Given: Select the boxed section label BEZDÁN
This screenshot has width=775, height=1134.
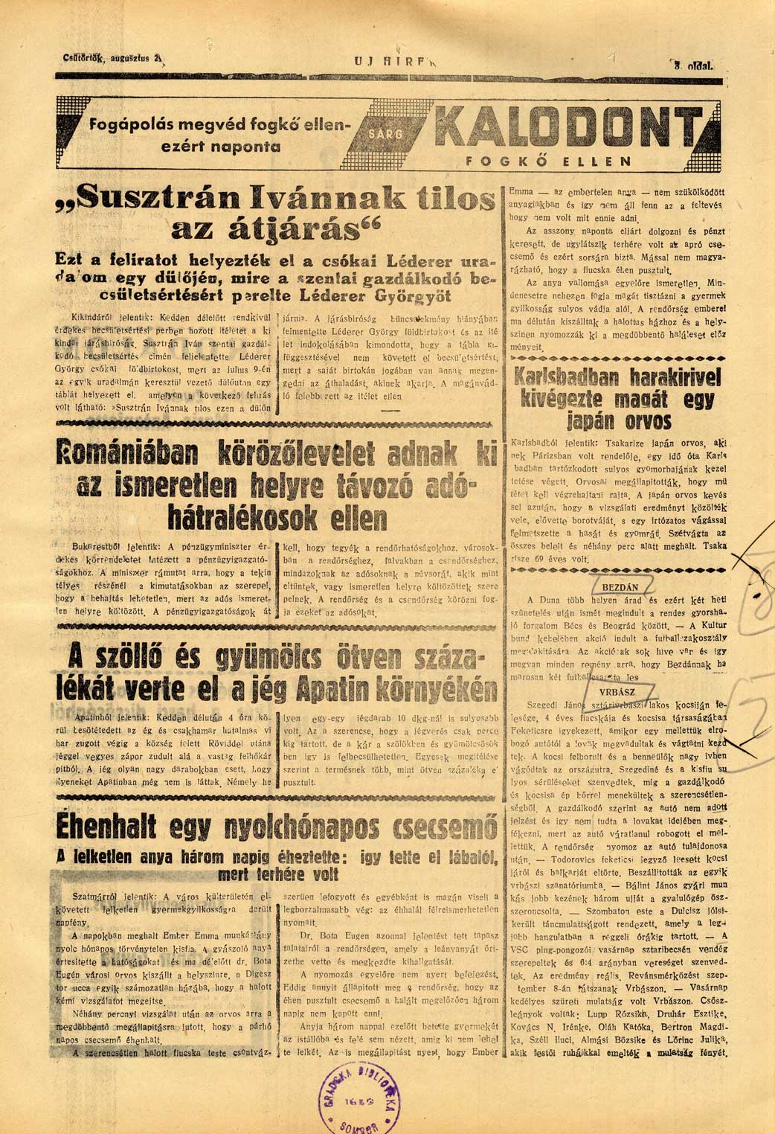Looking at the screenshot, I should point(620,587).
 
